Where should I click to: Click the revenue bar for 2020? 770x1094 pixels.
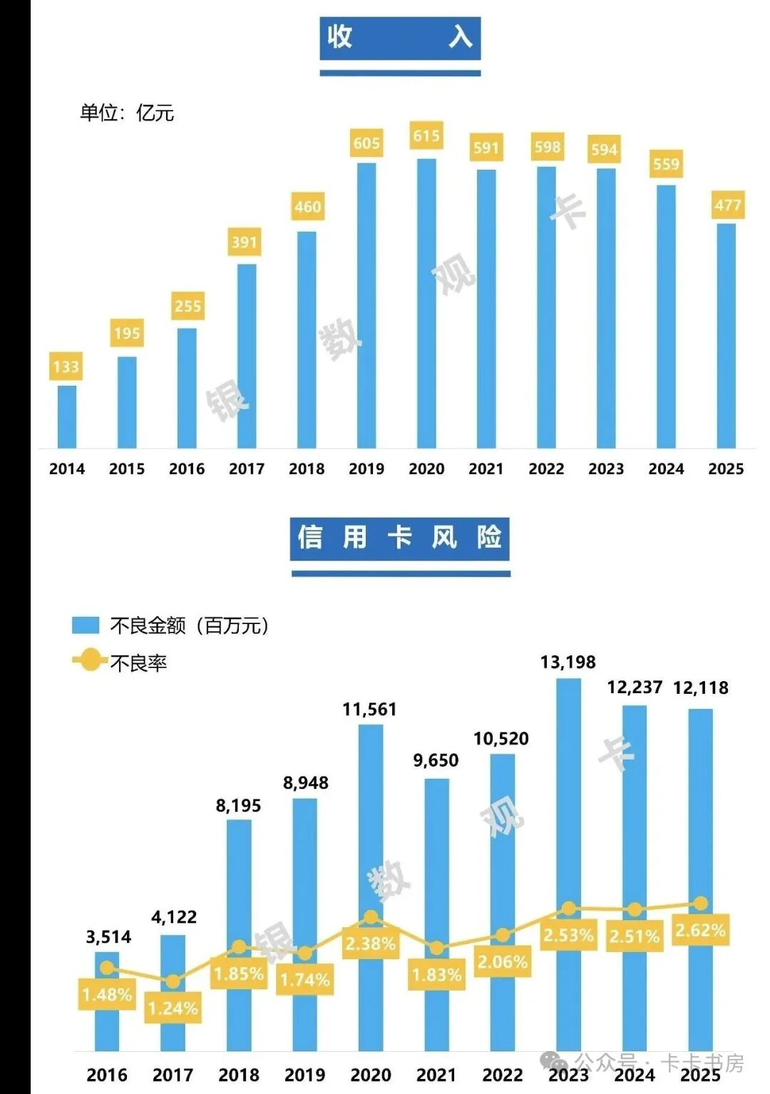(426, 303)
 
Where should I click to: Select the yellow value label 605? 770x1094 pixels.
(366, 143)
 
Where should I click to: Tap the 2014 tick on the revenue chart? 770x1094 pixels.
(66, 469)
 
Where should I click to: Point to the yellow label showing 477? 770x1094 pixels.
(728, 205)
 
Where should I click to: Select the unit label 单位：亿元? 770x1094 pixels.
(127, 113)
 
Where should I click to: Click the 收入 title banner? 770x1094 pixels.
(400, 37)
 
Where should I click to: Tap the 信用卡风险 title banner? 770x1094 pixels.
(400, 538)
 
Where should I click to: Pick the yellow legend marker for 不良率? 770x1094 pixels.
(90, 660)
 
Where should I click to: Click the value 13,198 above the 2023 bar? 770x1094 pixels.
(568, 662)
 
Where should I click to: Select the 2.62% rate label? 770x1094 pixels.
(700, 930)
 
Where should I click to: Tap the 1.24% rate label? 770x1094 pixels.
(173, 1008)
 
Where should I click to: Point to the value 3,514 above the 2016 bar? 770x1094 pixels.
(108, 936)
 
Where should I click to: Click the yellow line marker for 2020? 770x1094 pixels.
(371, 917)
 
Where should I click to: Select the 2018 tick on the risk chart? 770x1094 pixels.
(239, 1074)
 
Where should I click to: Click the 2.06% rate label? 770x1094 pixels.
(503, 962)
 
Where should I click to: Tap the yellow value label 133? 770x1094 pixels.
(66, 367)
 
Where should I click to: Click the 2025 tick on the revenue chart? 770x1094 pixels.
(726, 469)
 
